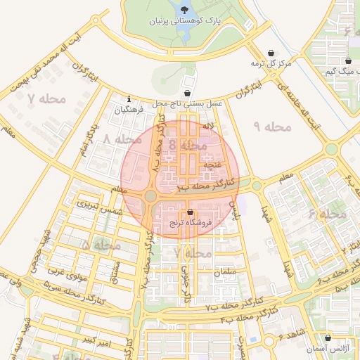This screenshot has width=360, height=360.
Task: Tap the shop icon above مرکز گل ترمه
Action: (272, 52)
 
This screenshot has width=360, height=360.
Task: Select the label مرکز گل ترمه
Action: (271, 64)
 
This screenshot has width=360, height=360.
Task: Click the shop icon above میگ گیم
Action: (329, 60)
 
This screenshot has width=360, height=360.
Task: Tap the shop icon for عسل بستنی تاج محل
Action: (187, 93)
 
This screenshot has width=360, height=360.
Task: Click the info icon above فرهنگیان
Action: (129, 98)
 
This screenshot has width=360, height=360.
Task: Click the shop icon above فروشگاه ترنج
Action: (190, 212)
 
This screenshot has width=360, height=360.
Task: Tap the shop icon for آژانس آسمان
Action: (328, 338)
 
